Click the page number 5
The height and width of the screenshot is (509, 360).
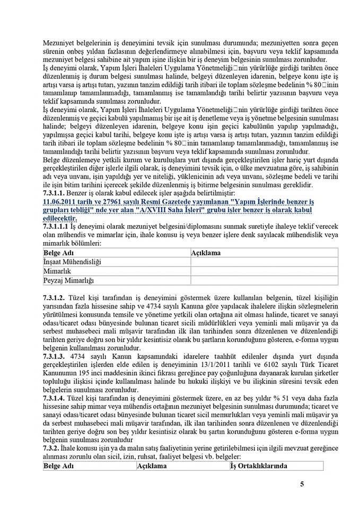click(x=302, y=484)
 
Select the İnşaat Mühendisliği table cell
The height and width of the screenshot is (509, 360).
click(x=72, y=262)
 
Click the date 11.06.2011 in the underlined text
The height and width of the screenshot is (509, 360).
click(x=58, y=203)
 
